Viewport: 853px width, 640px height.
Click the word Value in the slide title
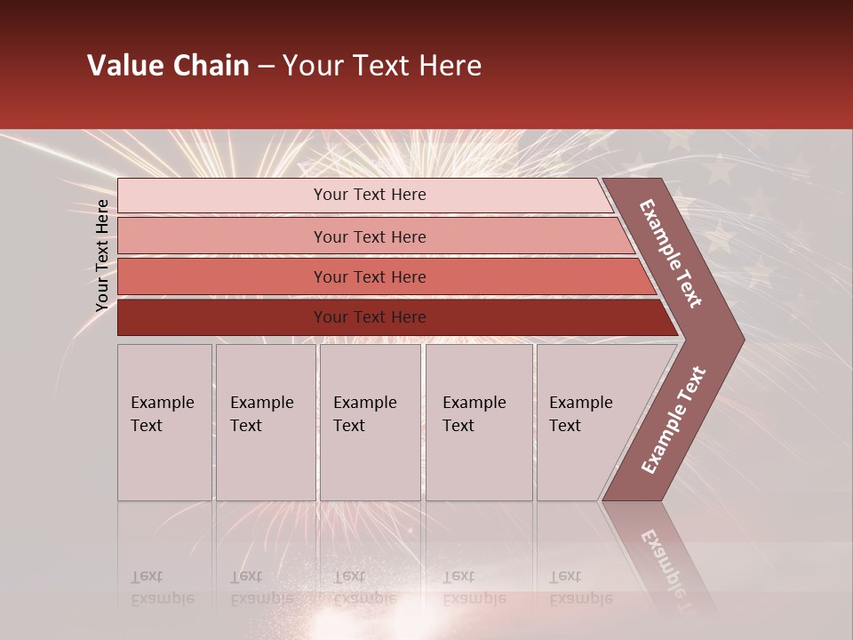coord(124,66)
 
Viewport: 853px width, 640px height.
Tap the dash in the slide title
coord(266,67)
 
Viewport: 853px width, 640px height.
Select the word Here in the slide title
coord(450,66)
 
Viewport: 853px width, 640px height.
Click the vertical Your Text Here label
coord(102,255)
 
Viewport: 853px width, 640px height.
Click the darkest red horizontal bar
coord(222,317)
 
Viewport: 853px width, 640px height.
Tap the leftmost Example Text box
coord(164,422)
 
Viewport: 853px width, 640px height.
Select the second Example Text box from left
coord(265,422)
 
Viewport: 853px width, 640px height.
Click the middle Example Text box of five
coord(370,422)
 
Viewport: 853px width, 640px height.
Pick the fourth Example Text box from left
coord(478,422)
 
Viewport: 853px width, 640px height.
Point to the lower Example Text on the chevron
coord(673,420)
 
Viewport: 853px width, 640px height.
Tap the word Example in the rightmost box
coord(580,403)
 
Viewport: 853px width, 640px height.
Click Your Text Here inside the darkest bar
coord(370,317)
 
